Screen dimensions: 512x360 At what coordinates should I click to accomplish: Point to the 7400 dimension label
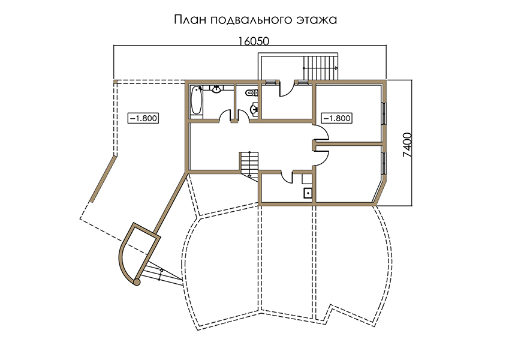coord(407,145)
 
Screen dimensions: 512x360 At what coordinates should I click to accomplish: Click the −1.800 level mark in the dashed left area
coord(143,118)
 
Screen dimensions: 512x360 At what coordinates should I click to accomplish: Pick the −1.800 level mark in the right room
coord(336,118)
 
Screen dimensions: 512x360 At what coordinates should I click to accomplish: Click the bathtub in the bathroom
coord(196,100)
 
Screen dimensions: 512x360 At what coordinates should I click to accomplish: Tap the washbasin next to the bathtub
coord(216,89)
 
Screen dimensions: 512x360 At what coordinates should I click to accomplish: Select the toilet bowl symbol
coord(251,93)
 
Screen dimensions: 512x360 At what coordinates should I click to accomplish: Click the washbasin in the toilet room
coord(254,109)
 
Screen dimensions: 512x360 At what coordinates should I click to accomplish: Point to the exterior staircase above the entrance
coord(320,68)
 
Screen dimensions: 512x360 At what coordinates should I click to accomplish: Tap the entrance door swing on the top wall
coord(286,88)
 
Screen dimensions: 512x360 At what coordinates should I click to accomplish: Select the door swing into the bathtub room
coord(225,116)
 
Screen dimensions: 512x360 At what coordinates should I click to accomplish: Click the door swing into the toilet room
coord(243,116)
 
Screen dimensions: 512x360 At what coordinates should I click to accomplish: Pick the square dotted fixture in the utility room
coord(308,193)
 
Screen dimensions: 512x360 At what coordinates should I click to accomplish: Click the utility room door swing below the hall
coord(287,176)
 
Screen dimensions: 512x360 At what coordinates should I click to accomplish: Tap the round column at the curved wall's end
coord(137,281)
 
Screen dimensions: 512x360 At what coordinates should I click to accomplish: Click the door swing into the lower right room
coord(321,156)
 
